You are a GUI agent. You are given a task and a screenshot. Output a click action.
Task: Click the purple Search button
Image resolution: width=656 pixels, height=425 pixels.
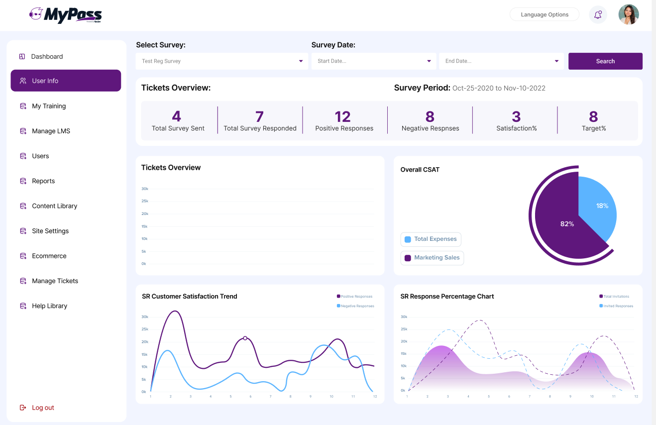605,61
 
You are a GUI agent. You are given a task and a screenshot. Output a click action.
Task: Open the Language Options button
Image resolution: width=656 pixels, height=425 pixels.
545,14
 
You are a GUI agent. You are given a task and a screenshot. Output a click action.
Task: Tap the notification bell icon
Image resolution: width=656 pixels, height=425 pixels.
598,14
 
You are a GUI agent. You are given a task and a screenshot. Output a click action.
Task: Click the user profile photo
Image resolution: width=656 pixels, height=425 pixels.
629,14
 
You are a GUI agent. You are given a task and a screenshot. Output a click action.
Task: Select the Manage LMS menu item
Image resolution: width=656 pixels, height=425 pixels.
51,131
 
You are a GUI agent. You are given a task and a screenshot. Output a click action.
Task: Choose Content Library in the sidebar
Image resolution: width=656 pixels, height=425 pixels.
54,206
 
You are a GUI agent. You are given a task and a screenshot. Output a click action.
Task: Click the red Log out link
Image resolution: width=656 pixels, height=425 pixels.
43,408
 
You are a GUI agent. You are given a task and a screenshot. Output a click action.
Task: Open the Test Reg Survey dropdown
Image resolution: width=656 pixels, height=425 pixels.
222,61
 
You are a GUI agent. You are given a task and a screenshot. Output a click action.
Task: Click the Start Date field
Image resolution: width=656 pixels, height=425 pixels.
374,61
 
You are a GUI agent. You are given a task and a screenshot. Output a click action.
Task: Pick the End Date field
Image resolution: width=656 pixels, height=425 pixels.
501,61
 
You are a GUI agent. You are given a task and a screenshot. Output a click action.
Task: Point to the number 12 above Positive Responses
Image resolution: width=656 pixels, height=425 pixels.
343,117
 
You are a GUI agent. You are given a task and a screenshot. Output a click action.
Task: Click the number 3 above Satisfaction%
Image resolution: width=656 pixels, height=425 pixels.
516,117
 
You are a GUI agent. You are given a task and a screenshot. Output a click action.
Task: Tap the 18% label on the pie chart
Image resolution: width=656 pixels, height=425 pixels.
602,206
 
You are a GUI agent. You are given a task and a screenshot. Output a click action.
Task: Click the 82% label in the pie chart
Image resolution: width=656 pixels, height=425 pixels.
567,224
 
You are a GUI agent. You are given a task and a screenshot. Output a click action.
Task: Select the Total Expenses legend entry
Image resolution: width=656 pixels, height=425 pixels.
431,239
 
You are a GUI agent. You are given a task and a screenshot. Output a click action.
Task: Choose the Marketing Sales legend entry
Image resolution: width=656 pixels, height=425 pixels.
432,258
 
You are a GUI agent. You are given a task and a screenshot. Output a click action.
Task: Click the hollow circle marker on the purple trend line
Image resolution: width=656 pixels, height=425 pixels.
245,338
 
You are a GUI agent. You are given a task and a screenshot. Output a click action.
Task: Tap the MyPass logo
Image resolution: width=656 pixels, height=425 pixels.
66,15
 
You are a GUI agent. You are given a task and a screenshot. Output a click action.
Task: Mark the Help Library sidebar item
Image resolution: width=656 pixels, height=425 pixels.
49,306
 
